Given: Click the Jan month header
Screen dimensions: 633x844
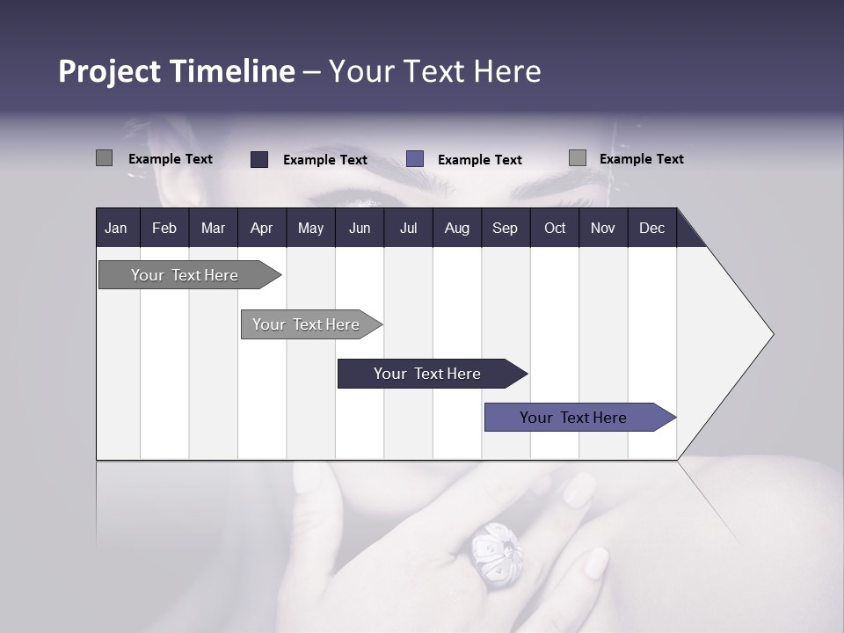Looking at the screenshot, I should coord(116,228).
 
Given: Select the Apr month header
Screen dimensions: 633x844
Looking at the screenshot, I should coord(261,228).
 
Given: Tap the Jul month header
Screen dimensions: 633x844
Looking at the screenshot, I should coord(408,228).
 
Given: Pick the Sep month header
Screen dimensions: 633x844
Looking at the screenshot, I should coord(505,228).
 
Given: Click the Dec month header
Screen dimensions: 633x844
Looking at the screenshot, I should coord(651,228).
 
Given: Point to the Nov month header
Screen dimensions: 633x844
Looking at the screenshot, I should coord(602,228).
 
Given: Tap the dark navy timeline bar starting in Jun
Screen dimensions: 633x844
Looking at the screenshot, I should coord(428,374).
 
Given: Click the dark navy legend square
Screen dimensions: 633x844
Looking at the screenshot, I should coord(259,159).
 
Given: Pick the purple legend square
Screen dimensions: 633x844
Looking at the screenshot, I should coord(415,158).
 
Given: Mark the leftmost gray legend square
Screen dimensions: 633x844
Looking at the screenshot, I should coord(104,158).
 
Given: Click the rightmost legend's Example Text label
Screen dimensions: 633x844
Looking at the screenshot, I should coord(641,159).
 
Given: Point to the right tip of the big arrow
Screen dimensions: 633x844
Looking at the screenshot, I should coord(772,334).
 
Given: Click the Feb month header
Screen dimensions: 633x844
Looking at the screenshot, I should coord(164,228).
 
